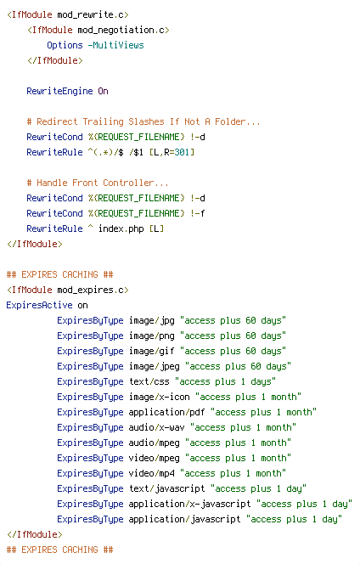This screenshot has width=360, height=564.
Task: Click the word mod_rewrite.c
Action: point(90,14)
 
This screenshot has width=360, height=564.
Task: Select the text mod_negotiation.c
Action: point(121,30)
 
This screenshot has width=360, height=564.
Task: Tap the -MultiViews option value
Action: point(115,45)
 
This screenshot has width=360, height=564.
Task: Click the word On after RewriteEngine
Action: point(104,91)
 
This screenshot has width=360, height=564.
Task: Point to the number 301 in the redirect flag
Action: point(182,152)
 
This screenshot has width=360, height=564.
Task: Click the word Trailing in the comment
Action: point(104,122)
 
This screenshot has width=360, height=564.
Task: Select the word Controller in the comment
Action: point(128,183)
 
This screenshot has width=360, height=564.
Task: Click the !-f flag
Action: point(198,213)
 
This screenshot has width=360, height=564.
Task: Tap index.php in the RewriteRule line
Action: point(121,228)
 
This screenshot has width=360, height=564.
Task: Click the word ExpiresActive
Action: point(39,305)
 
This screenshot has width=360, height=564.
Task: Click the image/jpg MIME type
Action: point(151,320)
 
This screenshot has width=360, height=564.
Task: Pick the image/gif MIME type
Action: point(151,351)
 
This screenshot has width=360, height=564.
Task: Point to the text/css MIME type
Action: point(149,381)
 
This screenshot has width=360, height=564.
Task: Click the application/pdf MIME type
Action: point(167,412)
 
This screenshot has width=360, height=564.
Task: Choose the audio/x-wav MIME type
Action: point(156,427)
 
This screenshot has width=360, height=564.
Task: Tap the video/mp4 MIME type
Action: point(151,473)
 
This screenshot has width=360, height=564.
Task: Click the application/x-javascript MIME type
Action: point(189,504)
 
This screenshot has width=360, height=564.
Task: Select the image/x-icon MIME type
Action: point(159,397)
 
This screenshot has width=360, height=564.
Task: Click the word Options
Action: point(65,45)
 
